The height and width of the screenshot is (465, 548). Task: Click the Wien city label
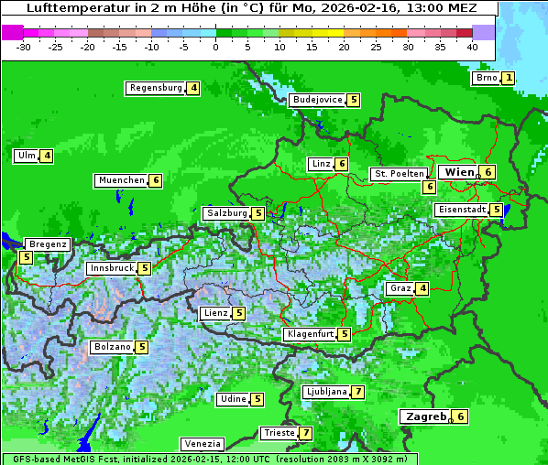[459, 172]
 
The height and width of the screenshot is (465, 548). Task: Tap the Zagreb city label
[425, 416]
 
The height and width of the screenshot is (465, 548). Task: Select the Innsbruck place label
[111, 268]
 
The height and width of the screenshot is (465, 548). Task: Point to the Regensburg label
[156, 88]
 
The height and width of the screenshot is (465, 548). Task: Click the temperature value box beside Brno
[508, 78]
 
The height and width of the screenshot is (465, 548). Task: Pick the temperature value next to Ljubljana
[357, 392]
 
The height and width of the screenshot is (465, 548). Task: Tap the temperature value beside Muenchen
[156, 180]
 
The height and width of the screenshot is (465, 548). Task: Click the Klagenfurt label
[310, 334]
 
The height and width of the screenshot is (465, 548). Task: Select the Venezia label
[202, 444]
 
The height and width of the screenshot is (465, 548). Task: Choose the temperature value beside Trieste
[306, 433]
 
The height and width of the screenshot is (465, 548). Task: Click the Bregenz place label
[48, 244]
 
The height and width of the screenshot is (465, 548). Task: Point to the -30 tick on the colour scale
[24, 47]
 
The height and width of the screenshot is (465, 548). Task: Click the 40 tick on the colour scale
[472, 47]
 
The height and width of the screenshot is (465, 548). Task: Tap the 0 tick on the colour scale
[215, 47]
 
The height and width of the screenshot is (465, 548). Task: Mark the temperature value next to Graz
[422, 288]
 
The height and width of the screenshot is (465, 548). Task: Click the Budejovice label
[317, 100]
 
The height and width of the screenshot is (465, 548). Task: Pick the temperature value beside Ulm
[47, 156]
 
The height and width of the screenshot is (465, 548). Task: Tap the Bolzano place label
[112, 347]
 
